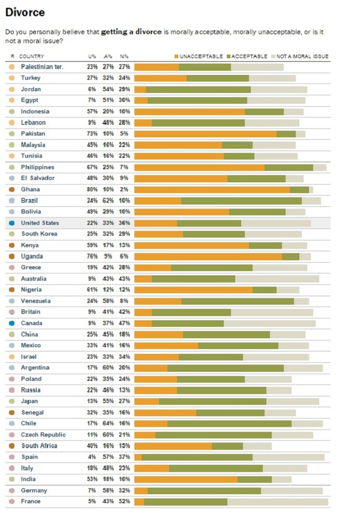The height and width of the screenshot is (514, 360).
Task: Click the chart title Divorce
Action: coord(25,12)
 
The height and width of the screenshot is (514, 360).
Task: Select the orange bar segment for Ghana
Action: coord(212,190)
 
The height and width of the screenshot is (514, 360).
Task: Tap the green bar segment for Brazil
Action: coord(241,201)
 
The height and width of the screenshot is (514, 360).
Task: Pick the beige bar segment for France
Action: coord(278,501)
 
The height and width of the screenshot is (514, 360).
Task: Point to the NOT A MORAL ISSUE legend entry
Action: coord(303,56)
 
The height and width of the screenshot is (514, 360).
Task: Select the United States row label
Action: coord(41,223)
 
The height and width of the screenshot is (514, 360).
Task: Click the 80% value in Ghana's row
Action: coord(92,190)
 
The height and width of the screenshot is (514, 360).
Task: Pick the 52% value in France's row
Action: coord(124,501)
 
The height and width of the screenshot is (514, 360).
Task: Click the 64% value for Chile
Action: coord(108,423)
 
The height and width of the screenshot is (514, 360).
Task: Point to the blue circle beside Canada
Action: coord(12,323)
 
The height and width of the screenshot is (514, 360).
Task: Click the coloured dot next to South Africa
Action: coord(12,446)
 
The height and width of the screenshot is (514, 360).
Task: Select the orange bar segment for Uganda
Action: coord(208,257)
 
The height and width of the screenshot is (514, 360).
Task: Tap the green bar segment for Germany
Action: coord(204,491)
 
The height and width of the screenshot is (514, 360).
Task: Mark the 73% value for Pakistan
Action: coord(92,134)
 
